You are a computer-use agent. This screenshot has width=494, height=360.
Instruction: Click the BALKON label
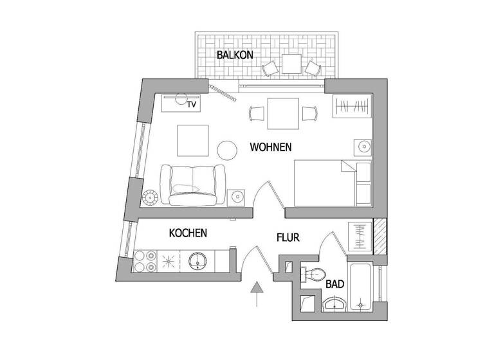coord(234,55)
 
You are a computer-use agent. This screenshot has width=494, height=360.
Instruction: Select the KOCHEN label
coord(188,233)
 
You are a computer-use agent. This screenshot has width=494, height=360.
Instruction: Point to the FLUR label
coord(289,237)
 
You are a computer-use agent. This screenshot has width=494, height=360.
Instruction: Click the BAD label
coord(334,283)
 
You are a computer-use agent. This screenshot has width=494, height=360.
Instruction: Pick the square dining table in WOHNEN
coord(283,113)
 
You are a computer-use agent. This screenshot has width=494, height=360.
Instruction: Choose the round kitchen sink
coord(197,260)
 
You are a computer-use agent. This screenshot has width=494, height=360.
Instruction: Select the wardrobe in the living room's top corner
coord(351,105)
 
